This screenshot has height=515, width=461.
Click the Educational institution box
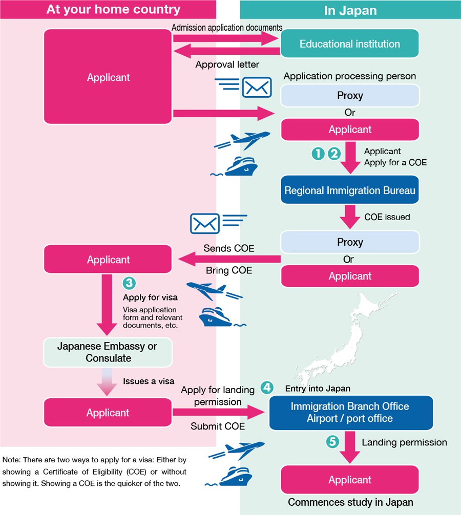tap(350, 44)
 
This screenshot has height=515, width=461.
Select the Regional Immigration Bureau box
tap(350, 190)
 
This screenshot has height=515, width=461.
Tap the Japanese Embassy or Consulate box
tap(108, 352)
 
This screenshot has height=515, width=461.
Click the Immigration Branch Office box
tap(350, 412)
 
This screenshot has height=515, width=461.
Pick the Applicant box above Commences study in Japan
tap(350, 480)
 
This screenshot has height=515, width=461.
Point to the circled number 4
tap(266, 388)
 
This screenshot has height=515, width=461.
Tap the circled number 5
tap(332, 442)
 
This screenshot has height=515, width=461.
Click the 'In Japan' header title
tap(350, 10)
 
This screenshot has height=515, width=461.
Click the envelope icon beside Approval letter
tap(257, 87)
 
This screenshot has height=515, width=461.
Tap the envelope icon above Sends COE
tap(205, 223)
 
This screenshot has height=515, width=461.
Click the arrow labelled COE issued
tap(350, 217)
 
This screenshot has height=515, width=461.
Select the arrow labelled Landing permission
tap(350, 446)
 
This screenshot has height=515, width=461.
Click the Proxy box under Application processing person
tap(350, 96)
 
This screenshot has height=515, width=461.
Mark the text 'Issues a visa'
tap(149, 381)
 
